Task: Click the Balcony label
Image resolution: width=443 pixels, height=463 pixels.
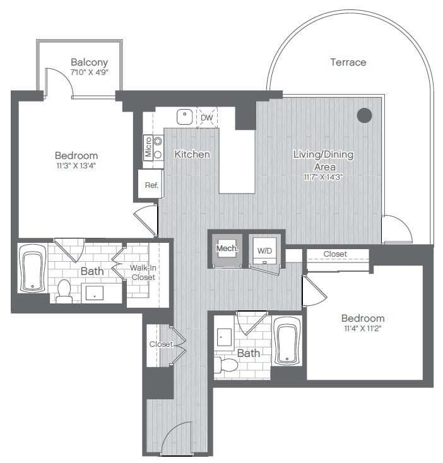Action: pos(89,62)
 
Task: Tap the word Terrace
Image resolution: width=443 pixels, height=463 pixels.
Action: pos(348,62)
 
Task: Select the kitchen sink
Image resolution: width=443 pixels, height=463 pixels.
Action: pos(184,116)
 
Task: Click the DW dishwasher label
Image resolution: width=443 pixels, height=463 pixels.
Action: pos(206,117)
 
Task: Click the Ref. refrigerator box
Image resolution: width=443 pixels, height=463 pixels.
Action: pos(151,185)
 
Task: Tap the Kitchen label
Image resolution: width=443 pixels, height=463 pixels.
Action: pos(192,154)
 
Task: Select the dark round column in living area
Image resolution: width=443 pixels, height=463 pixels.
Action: pos(364,115)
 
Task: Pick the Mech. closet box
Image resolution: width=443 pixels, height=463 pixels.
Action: pos(227,249)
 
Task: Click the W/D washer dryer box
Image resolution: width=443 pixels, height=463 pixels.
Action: pos(264,250)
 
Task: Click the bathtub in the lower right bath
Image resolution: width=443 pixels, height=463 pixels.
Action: pos(288,344)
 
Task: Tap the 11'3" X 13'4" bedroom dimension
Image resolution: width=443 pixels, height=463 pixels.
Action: pos(76,167)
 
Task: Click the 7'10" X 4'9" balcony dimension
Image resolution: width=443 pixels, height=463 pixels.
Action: pos(89,73)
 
